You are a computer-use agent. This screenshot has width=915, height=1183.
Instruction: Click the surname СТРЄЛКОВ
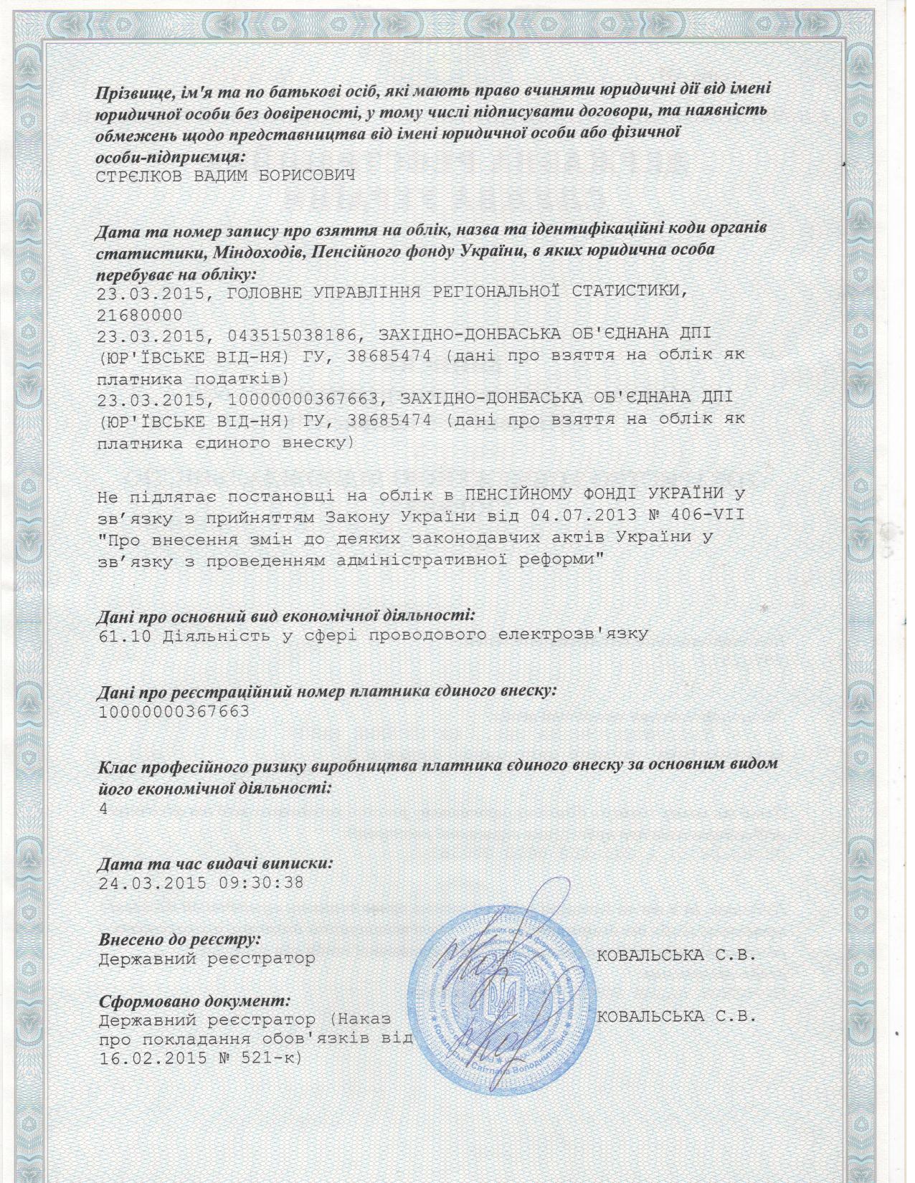[x=139, y=176]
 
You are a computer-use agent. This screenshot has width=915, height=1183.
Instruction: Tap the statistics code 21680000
[x=139, y=315]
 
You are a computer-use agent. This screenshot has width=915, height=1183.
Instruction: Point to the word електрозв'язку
[x=579, y=635]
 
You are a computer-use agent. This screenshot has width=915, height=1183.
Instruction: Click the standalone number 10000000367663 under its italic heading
[x=174, y=711]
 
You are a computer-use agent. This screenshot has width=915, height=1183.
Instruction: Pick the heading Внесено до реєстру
[x=179, y=939]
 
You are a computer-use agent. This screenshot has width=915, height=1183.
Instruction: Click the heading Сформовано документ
[x=193, y=999]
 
